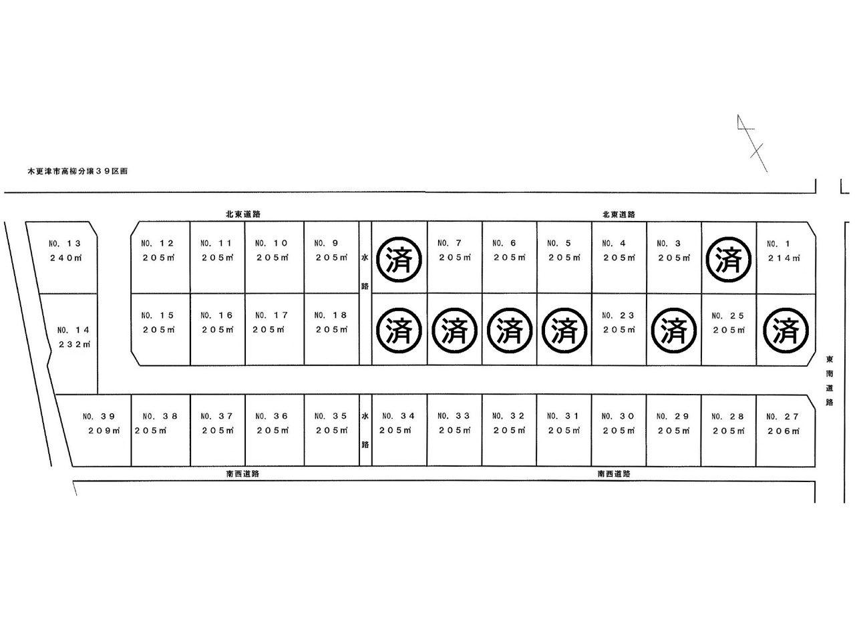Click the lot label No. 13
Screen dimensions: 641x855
65,244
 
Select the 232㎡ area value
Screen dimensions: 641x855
73,345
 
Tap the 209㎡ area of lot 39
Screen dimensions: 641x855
104,431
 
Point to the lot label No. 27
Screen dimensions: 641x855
783,417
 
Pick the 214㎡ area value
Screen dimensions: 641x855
783,258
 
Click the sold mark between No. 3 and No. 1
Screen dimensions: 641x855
728,259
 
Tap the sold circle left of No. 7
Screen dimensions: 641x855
399,259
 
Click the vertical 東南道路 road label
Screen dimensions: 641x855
830,380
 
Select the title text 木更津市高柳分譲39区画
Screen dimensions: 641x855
77,171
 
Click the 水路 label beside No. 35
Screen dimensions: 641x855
365,430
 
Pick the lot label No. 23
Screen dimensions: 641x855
618,316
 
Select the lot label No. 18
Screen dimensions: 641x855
331,315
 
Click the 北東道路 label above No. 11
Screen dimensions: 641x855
242,214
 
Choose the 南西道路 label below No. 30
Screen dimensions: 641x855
614,473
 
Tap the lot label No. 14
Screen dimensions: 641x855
73,330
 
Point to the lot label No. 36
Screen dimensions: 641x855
272,416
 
